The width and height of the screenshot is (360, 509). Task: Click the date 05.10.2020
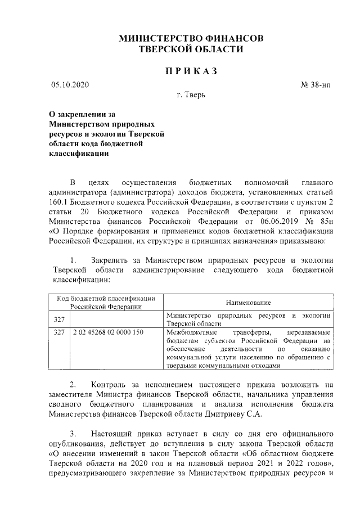coord(70,85)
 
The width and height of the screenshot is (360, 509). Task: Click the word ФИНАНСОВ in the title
coord(231,39)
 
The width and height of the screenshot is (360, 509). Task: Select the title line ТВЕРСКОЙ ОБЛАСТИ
coord(191,49)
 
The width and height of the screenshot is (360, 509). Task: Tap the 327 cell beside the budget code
coord(58,332)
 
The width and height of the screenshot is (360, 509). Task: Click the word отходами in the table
coord(263,364)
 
